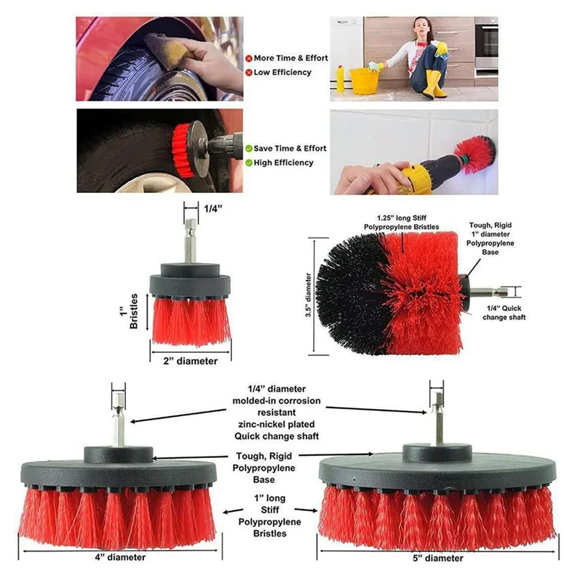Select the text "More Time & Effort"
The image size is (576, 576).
291,58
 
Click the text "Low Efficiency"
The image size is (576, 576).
282,72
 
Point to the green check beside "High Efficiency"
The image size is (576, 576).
248,163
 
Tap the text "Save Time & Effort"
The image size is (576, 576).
289,148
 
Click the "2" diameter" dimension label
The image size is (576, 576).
191,361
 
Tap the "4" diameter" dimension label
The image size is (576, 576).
121,557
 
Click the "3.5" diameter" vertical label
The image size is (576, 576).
307,295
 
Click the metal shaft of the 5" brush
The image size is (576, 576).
437,426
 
